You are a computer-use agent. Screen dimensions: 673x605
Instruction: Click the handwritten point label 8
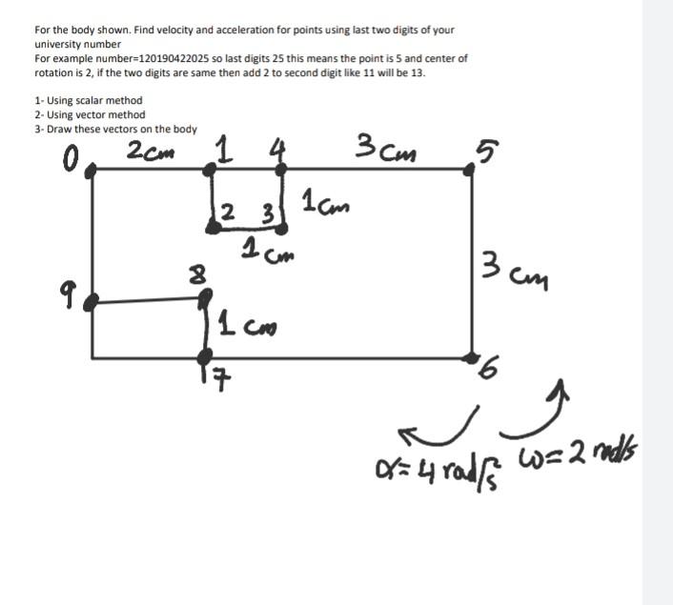click(197, 276)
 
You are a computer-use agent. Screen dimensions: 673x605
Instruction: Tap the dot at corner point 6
click(472, 357)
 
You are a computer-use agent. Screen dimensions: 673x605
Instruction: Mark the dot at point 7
click(206, 358)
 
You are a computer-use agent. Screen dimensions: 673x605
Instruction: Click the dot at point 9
click(92, 304)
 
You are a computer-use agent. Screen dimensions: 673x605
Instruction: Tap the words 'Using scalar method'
click(92, 100)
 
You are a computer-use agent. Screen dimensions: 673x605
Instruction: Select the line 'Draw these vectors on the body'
click(119, 129)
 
